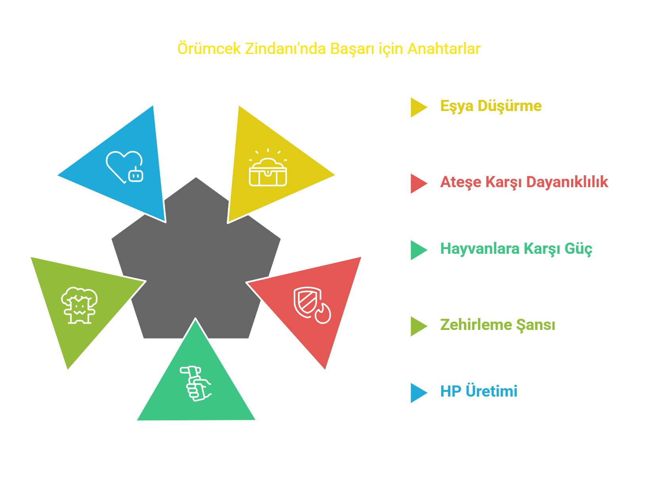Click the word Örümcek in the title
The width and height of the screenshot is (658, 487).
pos(208,48)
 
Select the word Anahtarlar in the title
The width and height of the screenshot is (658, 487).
pos(444,49)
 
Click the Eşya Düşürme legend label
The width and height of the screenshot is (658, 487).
pos(491,106)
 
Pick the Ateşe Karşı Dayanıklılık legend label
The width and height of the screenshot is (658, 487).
pos(524,182)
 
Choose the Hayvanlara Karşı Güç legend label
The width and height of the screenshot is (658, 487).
pos(516,249)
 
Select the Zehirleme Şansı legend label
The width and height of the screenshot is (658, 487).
pos(497,324)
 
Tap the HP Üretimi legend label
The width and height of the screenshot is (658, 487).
pos(478,391)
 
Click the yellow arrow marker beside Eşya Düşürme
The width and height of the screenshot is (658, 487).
pos(419,107)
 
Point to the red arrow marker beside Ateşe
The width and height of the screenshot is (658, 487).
pos(419,184)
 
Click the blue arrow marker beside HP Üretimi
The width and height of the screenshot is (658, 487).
pos(419,393)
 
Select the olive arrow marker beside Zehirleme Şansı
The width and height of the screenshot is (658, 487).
pos(419,326)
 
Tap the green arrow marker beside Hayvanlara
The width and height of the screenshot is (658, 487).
pos(419,250)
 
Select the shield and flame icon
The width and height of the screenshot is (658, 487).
pos(312,305)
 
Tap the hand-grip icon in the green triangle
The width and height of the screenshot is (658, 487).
pos(195,383)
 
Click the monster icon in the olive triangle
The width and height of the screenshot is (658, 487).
pos(79,305)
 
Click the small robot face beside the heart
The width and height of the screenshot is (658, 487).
pos(136,174)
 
